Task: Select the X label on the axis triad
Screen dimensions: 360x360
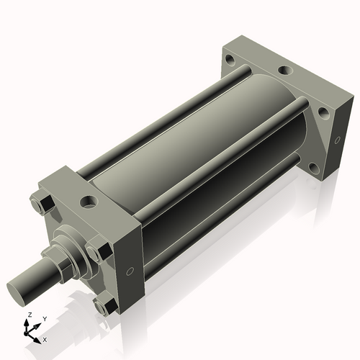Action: tap(45, 338)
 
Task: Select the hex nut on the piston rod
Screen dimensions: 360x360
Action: tap(63, 263)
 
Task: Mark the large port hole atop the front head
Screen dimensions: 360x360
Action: tap(90, 202)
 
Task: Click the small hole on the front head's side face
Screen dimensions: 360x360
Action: tap(130, 271)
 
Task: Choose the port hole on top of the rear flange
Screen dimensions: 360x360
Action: tap(285, 71)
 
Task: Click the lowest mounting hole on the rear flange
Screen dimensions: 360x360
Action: tap(314, 168)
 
